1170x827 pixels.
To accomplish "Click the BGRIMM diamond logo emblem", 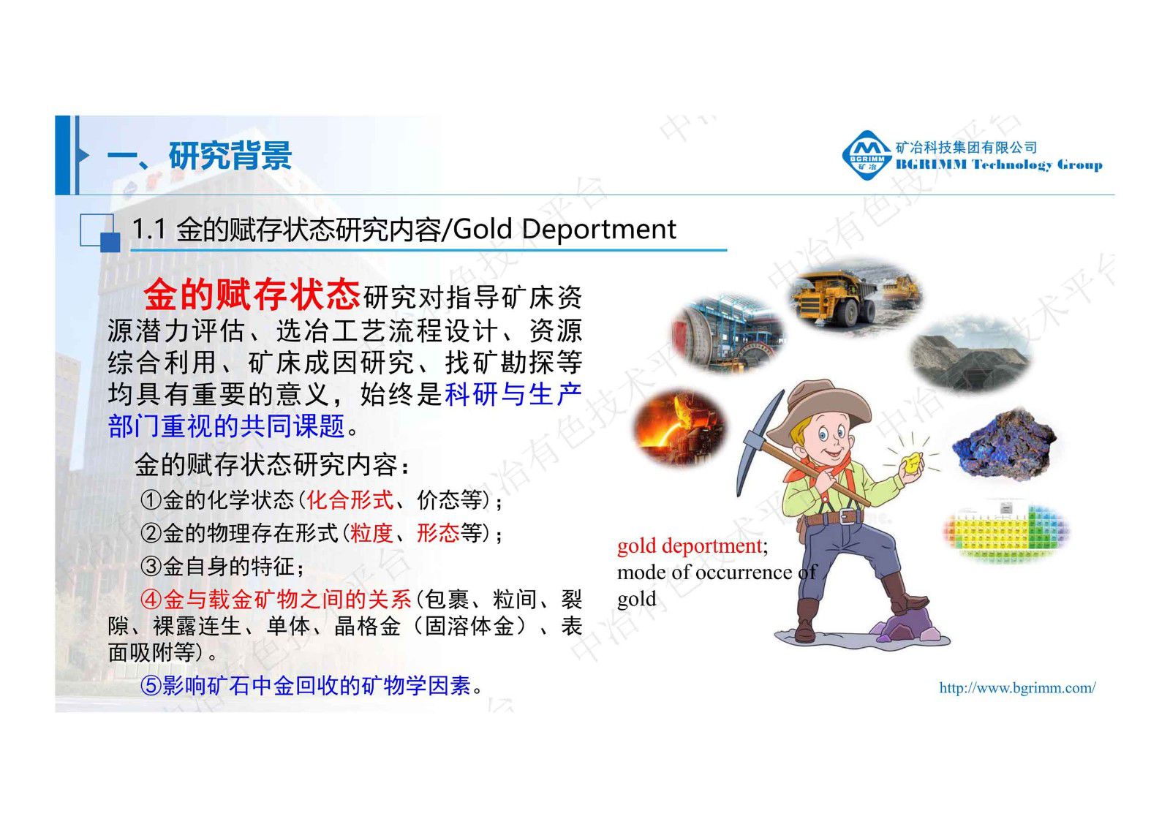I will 867,155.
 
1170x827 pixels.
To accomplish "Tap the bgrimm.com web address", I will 1017,687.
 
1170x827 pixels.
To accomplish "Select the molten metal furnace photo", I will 680,427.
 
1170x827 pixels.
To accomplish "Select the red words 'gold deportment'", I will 689,546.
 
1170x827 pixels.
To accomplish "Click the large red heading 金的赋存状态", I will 251,295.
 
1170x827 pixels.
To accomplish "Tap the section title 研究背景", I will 230,156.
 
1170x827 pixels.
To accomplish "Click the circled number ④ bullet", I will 151,600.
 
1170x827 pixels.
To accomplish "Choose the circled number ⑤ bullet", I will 151,686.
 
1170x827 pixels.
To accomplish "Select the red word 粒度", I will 371,533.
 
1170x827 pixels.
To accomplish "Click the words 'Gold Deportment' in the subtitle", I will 565,230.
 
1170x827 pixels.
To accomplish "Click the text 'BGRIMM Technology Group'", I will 999,165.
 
